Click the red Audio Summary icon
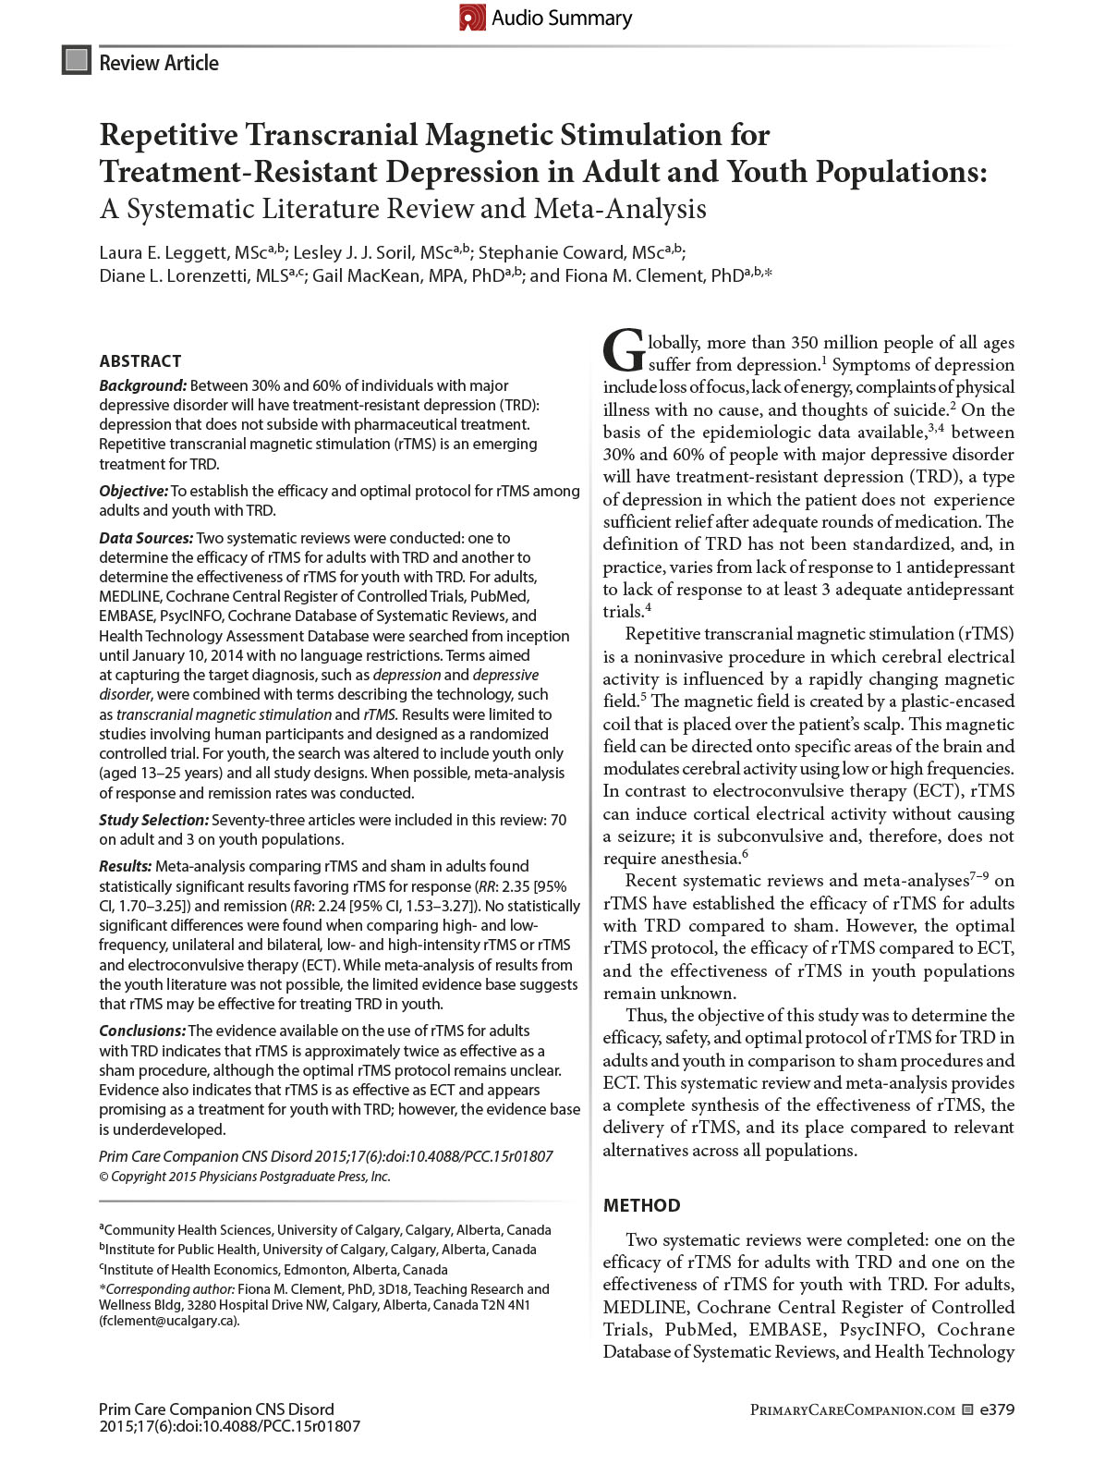tap(472, 18)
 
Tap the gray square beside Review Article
tap(77, 61)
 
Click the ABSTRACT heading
tap(140, 361)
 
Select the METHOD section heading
tap(641, 1205)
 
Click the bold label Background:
tap(143, 385)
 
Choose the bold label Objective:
tap(134, 491)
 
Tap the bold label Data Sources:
tap(146, 538)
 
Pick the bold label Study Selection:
tap(154, 820)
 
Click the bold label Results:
tap(126, 866)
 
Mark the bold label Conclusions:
tap(142, 1031)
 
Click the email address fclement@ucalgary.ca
tap(169, 1321)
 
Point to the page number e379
tap(997, 1409)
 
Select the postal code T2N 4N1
tap(504, 1305)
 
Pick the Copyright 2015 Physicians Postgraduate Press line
tap(245, 1177)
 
